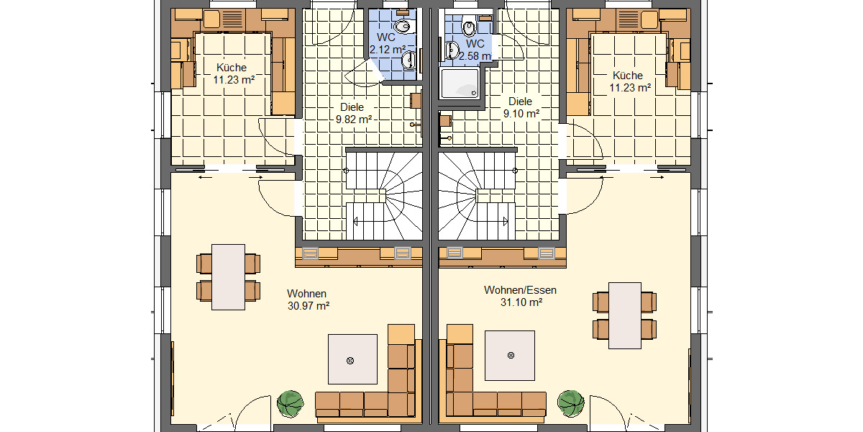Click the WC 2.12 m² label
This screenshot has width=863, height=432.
point(387,49)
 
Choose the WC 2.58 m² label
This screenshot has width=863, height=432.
point(475,55)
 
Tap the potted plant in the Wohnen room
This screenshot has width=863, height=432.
point(291,403)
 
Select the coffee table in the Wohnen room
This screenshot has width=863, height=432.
point(352,359)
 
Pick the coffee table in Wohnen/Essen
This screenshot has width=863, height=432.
point(510,355)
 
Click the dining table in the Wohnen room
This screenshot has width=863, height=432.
point(229,276)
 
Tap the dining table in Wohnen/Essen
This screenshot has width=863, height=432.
point(625,315)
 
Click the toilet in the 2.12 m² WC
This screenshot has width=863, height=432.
point(402,27)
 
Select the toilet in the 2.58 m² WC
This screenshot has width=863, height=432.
point(469,28)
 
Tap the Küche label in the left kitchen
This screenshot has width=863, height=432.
point(231,68)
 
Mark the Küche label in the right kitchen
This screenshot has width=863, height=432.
point(628,75)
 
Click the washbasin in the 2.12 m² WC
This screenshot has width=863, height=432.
point(409,59)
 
